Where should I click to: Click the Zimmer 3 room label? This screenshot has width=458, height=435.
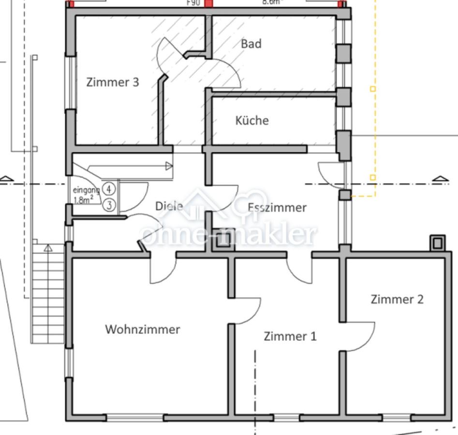[x=113, y=82]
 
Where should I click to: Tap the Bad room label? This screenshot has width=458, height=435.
[x=251, y=44]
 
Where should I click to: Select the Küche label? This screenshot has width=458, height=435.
[x=251, y=120]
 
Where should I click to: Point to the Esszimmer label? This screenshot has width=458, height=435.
[x=277, y=207]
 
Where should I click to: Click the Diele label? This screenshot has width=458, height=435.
[x=169, y=206]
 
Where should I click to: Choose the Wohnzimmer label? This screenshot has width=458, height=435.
[x=143, y=330]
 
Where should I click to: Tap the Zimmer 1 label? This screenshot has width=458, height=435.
[x=290, y=336]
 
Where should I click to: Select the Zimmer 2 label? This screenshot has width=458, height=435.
[x=397, y=299]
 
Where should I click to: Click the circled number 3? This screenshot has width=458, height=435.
[x=109, y=205]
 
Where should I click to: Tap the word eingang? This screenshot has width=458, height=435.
[x=86, y=190]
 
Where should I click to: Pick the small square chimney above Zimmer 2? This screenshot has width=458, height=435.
[x=437, y=242]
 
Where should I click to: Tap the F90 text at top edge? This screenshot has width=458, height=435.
[x=193, y=2]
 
